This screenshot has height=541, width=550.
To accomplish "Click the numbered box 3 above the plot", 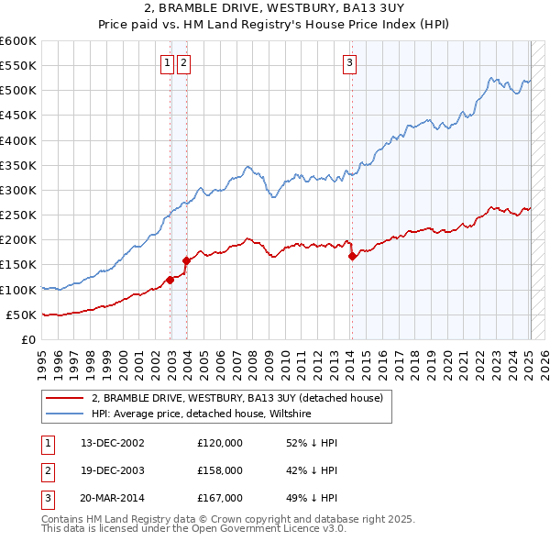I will coord(350,63).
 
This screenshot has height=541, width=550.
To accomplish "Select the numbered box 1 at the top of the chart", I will coord(168,63).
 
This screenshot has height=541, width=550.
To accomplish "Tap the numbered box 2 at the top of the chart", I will coord(183,63).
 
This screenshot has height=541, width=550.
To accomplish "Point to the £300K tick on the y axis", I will coord(18,190).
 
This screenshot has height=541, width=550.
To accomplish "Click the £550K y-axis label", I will coord(18,66).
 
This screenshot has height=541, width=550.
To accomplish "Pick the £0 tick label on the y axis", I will coord(29,339).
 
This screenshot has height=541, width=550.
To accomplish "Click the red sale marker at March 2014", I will coord(353,256).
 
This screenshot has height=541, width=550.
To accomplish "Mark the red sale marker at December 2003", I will coord(186,260).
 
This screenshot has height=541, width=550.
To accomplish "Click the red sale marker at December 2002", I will coord(170,280).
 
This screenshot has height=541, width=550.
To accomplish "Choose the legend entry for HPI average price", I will coord(202,414).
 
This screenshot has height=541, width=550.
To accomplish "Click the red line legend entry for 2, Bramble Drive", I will coord(242,397).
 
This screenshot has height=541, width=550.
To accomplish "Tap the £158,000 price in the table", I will coord(220,470).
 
